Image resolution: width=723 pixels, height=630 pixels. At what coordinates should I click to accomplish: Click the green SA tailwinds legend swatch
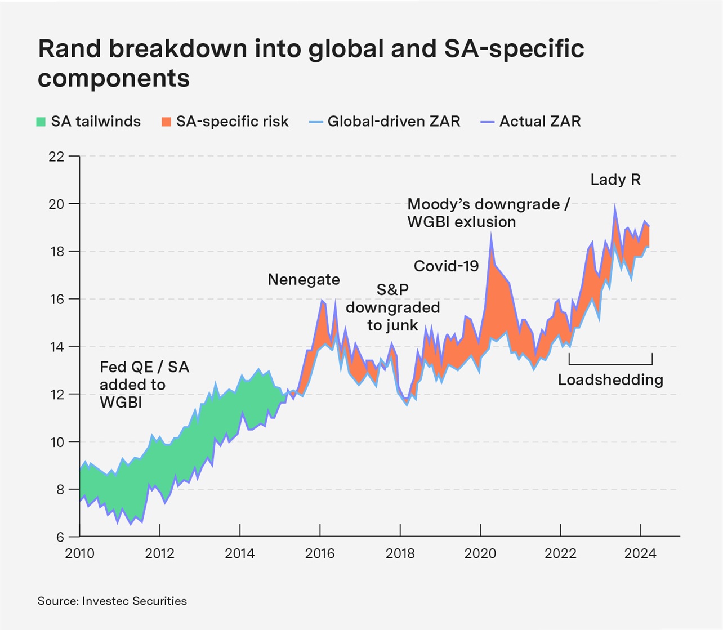(41, 122)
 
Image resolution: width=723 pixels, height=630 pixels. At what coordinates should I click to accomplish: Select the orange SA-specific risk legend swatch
(166, 122)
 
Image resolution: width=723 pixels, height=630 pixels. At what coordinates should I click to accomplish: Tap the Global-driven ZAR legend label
(394, 122)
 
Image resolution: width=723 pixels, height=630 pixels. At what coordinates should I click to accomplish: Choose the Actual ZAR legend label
(540, 122)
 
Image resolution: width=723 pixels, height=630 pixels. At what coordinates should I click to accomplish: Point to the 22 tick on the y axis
(56, 156)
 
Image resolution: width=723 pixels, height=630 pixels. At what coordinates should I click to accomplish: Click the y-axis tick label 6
(60, 537)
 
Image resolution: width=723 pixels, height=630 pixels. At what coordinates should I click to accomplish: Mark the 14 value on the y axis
(56, 347)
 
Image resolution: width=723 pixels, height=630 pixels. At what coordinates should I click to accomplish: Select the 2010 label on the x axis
(79, 554)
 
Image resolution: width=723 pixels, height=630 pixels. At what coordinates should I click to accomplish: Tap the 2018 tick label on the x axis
(400, 554)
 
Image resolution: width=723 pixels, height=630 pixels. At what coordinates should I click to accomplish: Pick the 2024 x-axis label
(640, 554)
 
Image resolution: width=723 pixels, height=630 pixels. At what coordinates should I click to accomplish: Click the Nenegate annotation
(304, 280)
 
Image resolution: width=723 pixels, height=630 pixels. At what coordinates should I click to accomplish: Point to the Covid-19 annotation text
(446, 266)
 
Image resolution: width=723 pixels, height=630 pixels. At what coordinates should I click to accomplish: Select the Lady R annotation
(615, 180)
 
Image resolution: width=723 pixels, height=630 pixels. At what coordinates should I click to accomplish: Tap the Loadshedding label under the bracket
(610, 380)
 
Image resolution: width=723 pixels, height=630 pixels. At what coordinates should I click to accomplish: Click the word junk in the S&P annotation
(405, 325)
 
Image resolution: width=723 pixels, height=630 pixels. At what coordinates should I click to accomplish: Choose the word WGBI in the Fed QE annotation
(120, 403)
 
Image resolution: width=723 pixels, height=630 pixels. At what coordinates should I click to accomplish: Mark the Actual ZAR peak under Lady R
(614, 204)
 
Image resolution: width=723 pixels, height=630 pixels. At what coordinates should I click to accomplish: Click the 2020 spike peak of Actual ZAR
(491, 233)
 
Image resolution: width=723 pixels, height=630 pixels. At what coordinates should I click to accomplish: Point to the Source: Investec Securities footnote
(112, 601)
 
